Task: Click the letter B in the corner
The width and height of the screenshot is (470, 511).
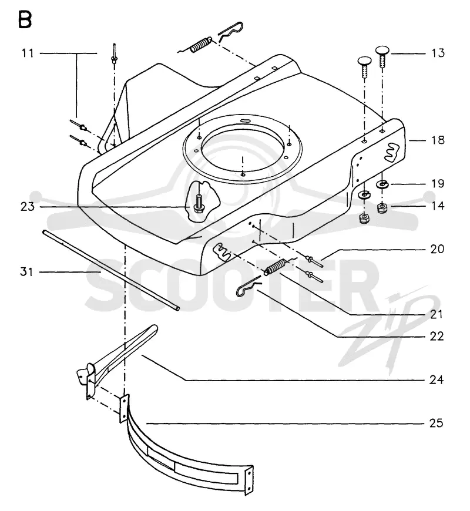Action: click(25, 19)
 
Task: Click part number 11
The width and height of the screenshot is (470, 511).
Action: click(28, 53)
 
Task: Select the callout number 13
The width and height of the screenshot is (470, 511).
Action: click(438, 53)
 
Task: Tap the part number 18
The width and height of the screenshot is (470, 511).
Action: click(438, 140)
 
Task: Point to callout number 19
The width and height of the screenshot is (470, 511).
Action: click(438, 184)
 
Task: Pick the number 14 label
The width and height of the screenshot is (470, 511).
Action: click(438, 206)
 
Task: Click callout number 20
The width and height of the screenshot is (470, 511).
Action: click(438, 249)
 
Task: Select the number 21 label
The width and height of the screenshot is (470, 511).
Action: click(437, 314)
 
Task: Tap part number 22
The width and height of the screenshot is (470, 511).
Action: click(437, 337)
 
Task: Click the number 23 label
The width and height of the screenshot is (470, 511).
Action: click(28, 206)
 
